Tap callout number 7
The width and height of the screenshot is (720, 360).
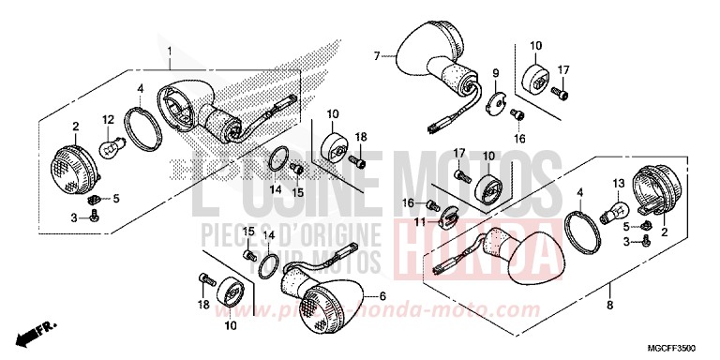377,56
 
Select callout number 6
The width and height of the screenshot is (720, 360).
382,297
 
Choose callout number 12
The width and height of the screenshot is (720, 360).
108,119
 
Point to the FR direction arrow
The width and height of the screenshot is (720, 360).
33,330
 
